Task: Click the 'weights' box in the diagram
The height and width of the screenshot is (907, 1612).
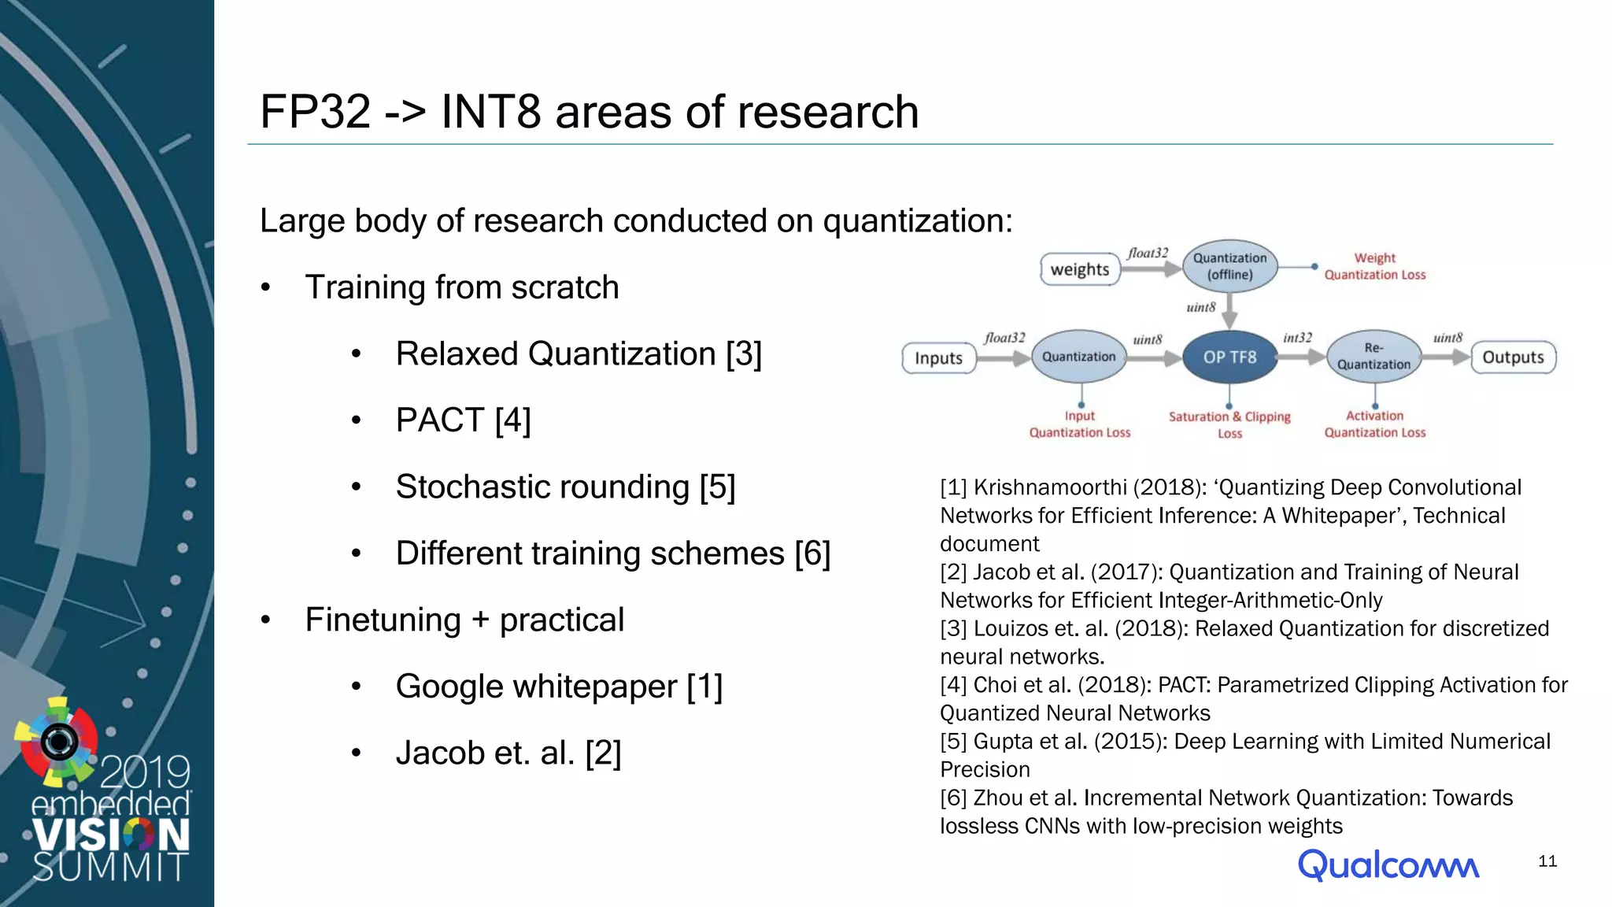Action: coord(1079,269)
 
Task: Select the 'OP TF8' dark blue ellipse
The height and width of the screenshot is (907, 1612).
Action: coord(1229,357)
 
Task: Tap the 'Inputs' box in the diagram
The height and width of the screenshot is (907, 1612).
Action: coord(938,358)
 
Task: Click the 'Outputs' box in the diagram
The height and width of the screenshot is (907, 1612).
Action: coord(1513,357)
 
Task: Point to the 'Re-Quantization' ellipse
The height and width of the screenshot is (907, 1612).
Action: coord(1374,357)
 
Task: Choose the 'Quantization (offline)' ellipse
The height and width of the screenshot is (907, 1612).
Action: coord(1229,266)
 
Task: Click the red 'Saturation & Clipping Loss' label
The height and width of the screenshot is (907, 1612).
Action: coord(1229,424)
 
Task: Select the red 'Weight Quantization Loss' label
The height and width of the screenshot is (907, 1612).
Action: coord(1374,266)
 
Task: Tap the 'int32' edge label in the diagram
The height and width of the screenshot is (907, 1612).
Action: coord(1297,338)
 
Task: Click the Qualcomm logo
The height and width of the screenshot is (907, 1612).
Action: coord(1388,864)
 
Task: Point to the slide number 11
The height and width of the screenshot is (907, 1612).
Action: coord(1547,861)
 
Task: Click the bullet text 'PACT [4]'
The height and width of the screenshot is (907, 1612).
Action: coord(463,420)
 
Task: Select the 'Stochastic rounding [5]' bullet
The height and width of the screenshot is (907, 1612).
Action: coord(565,487)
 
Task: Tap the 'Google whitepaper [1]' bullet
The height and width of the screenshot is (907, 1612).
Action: coord(559,687)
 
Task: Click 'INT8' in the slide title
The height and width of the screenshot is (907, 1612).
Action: coord(490,112)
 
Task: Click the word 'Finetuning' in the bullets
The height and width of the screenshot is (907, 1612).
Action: coord(383,620)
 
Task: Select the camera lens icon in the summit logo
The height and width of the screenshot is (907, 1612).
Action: coord(59,741)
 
